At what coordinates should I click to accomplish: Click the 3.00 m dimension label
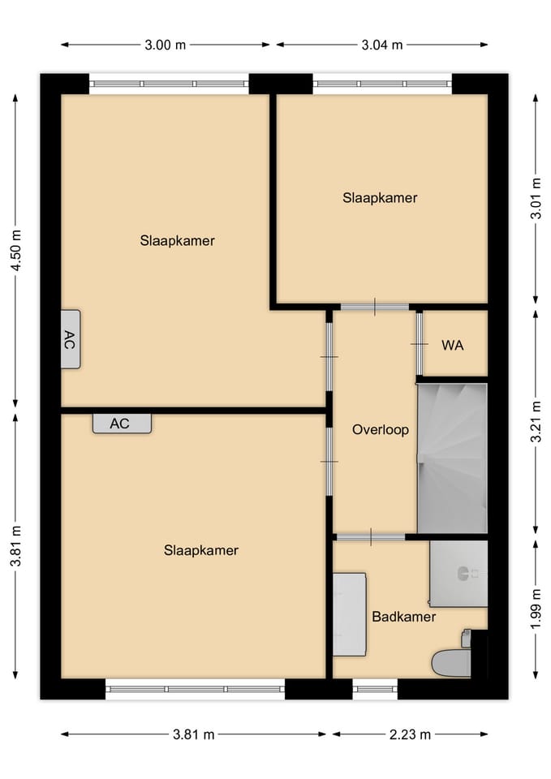tap(166, 45)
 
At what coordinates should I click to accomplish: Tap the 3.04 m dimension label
tap(381, 45)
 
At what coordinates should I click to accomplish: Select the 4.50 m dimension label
tap(15, 251)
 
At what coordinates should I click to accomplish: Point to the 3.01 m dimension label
tap(535, 199)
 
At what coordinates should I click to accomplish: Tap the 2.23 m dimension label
tap(410, 734)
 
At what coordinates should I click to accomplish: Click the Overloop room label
tap(380, 430)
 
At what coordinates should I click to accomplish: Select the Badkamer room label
tap(403, 617)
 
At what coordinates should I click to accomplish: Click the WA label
tap(453, 345)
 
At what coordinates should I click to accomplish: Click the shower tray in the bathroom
tap(458, 573)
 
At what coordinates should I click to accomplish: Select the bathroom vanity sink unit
tap(349, 613)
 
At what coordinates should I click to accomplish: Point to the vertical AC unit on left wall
tap(70, 339)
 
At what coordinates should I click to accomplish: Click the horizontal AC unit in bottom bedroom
tap(122, 423)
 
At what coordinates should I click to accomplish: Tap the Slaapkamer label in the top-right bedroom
tap(380, 197)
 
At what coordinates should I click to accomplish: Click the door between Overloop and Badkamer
tap(370, 536)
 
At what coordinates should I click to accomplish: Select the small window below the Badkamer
tap(375, 690)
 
